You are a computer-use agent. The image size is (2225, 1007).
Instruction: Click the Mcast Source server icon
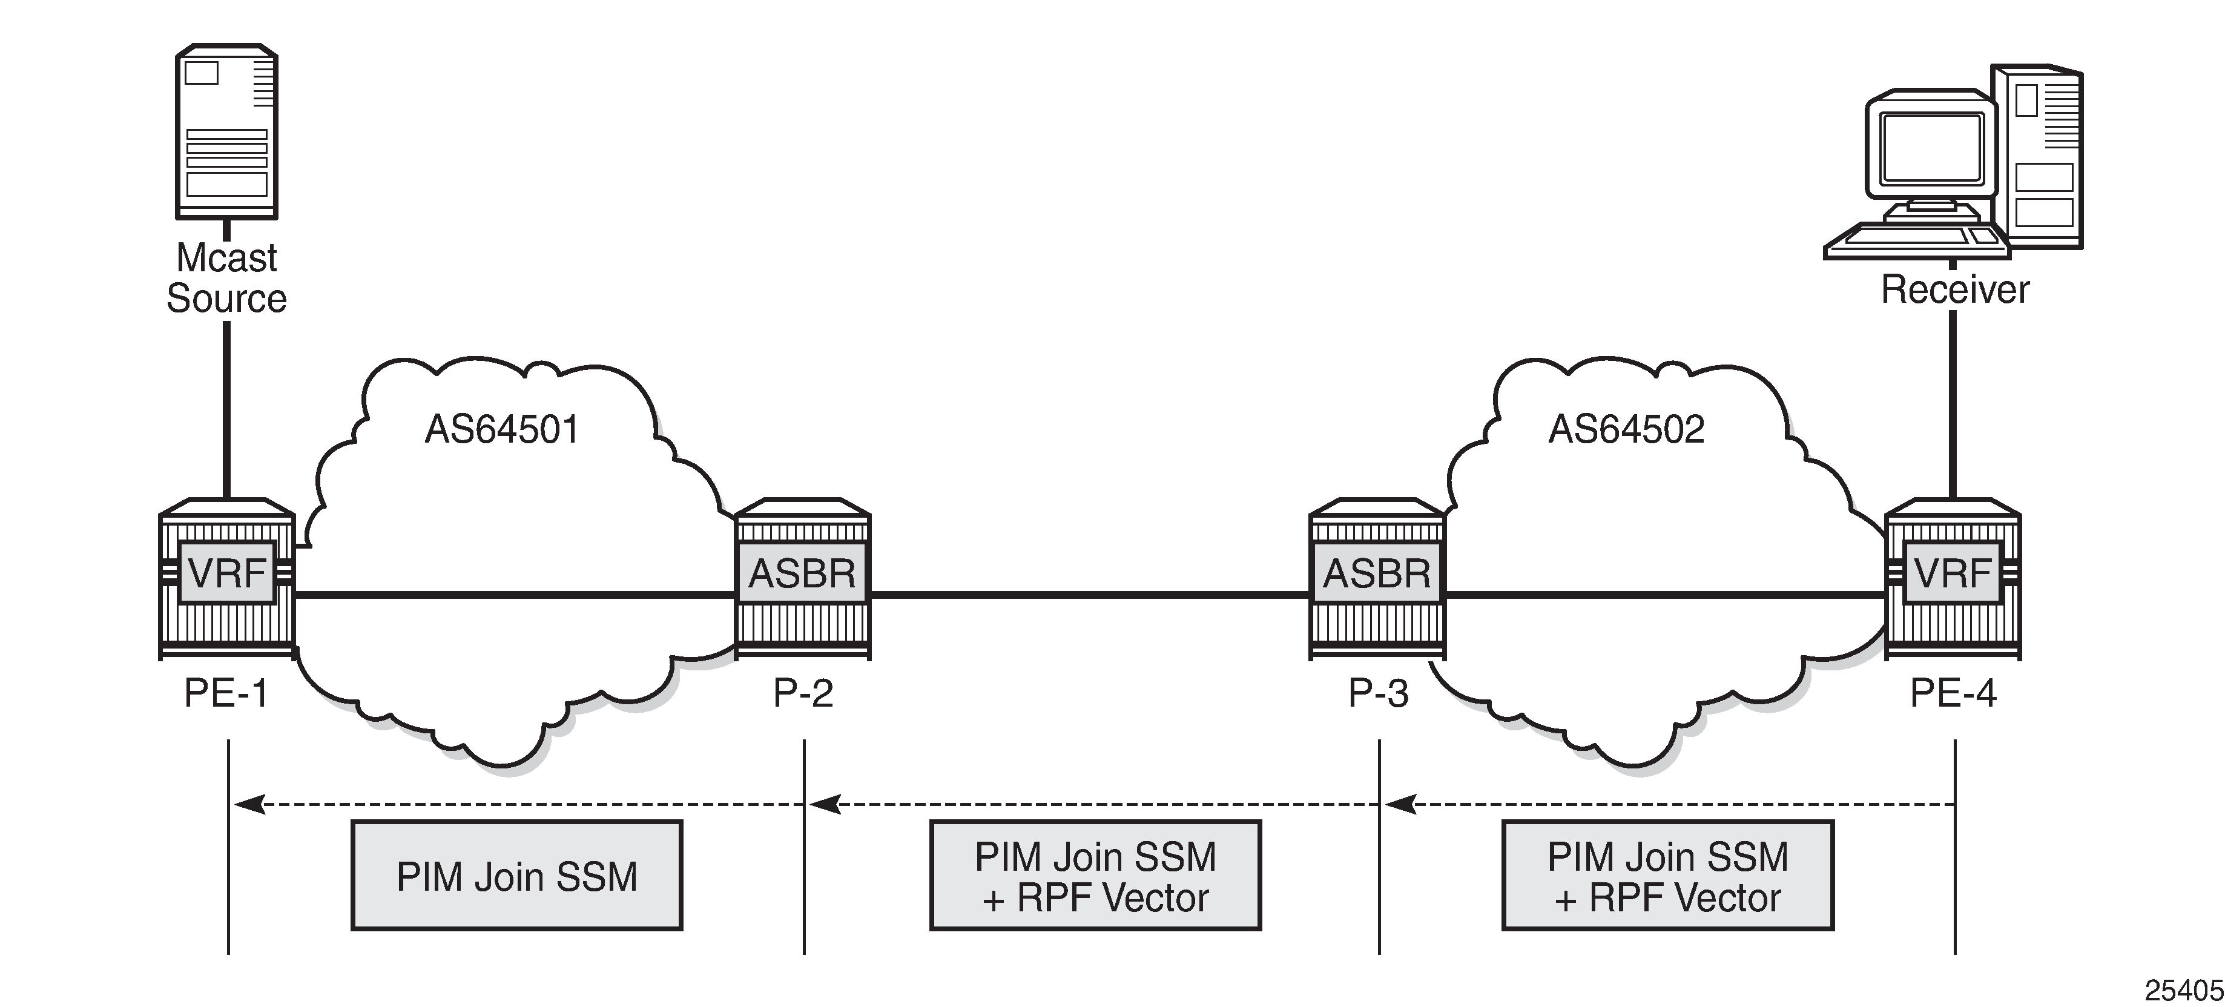point(226,131)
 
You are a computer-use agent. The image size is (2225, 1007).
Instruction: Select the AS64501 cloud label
point(502,429)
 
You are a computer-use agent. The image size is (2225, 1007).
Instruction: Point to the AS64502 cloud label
point(1626,429)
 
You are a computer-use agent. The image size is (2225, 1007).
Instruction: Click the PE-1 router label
point(226,693)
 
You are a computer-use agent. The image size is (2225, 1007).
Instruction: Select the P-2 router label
point(803,693)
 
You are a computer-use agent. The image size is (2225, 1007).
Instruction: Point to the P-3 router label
point(1379,693)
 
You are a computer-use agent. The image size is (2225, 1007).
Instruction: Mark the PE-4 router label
point(1954,693)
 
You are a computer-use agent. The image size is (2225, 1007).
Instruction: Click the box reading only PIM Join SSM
point(516,876)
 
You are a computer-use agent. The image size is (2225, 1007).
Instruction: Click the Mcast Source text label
point(226,278)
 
